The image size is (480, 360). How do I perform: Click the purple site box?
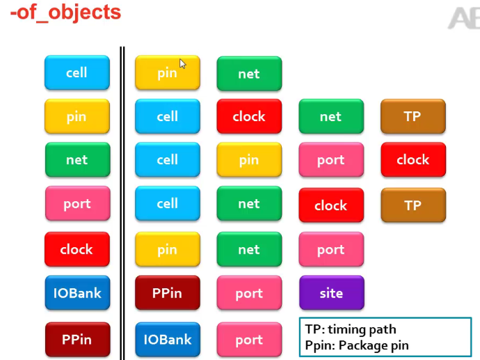click(x=331, y=293)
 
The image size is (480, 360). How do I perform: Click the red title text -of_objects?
click(x=65, y=12)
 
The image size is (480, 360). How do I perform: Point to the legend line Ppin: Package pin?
click(x=356, y=345)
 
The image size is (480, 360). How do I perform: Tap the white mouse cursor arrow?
click(x=182, y=63)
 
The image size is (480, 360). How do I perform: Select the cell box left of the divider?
click(x=77, y=72)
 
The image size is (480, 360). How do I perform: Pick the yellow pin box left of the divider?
click(x=77, y=116)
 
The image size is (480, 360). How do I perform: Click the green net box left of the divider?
click(x=77, y=159)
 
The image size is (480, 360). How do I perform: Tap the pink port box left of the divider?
click(x=77, y=203)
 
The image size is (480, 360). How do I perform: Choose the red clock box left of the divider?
click(x=77, y=249)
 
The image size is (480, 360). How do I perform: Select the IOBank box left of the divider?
click(x=77, y=293)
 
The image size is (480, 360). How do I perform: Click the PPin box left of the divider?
click(x=77, y=340)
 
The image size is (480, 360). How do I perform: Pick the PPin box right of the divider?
click(x=167, y=293)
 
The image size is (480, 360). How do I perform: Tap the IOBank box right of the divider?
click(x=167, y=340)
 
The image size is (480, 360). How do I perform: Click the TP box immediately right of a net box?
click(x=413, y=116)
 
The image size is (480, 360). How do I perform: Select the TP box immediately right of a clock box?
click(x=413, y=205)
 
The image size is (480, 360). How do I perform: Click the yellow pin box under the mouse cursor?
click(x=167, y=72)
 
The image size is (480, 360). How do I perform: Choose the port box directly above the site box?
click(x=331, y=249)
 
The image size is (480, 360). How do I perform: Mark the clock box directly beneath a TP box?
click(x=413, y=159)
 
